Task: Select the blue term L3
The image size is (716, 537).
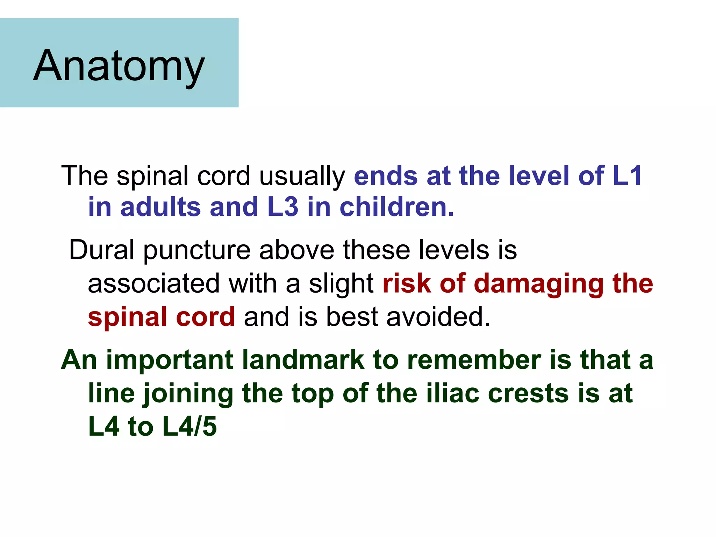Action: pos(282,207)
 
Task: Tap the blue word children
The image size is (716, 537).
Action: pos(396,207)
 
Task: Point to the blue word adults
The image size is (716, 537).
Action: pos(160,207)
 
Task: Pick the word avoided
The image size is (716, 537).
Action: pos(438,316)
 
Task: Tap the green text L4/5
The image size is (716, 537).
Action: pos(190,426)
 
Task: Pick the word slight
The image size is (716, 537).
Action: pos(341,284)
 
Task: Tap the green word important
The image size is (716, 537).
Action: pos(170,360)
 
